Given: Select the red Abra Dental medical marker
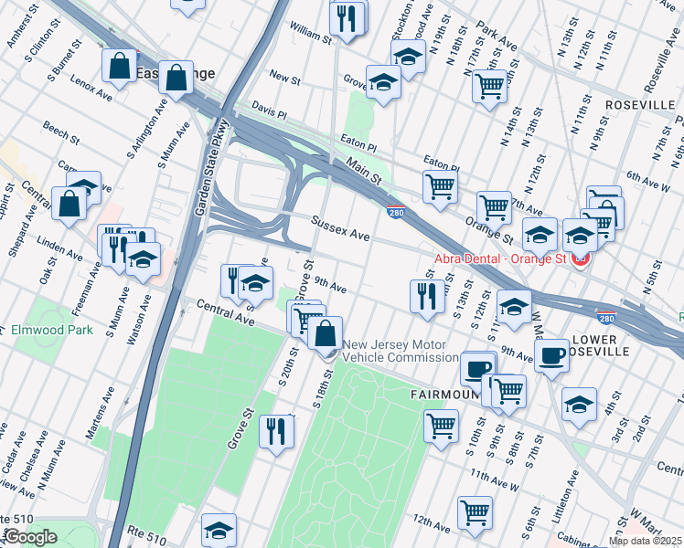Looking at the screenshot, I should pyautogui.click(x=579, y=258).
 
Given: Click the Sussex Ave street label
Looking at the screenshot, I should pyautogui.click(x=339, y=228).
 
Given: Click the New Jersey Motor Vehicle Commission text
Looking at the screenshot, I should pyautogui.click(x=400, y=352).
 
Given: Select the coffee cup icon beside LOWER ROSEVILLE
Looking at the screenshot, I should pyautogui.click(x=551, y=355).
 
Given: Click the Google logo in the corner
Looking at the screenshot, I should pyautogui.click(x=31, y=537).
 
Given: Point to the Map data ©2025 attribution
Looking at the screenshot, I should pyautogui.click(x=645, y=541).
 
